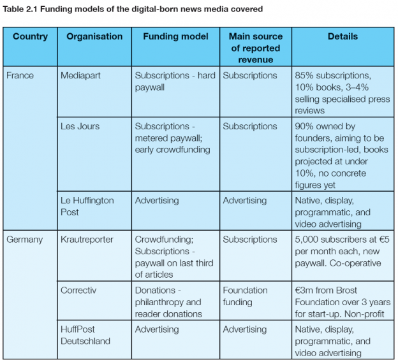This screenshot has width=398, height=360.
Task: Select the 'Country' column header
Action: pyautogui.click(x=30, y=37)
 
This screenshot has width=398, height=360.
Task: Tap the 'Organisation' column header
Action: pyautogui.click(x=94, y=37)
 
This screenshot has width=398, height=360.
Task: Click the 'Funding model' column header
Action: pyautogui.click(x=175, y=37)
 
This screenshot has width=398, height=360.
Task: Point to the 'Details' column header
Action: pyautogui.click(x=343, y=37)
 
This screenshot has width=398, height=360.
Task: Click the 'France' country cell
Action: pyautogui.click(x=20, y=76)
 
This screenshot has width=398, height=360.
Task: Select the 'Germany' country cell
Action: pyautogui.click(x=25, y=240)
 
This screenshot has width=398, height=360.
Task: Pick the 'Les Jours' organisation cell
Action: pyautogui.click(x=80, y=126)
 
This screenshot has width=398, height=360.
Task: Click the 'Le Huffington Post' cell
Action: pyautogui.click(x=87, y=206)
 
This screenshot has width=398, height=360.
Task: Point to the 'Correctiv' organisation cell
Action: pyautogui.click(x=79, y=290)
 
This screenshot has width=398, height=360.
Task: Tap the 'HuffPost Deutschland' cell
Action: pyautogui.click(x=85, y=335)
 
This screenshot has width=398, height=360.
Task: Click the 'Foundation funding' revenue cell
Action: pyautogui.click(x=246, y=296)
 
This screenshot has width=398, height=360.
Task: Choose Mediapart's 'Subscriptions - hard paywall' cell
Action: pyautogui.click(x=175, y=82)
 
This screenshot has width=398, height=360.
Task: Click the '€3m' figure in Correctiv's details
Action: pyautogui.click(x=304, y=290)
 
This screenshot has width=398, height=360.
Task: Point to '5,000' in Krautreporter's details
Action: pyautogui.click(x=306, y=240)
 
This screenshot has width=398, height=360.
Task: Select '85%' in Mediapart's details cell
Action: pyautogui.click(x=304, y=76)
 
